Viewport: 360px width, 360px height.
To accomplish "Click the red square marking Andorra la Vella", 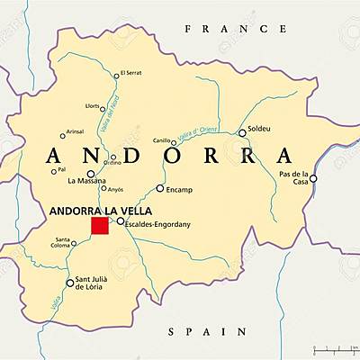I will point(99,225).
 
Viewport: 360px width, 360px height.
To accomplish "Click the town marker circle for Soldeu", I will point(242,132).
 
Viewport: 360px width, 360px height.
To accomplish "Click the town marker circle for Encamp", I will point(160,188).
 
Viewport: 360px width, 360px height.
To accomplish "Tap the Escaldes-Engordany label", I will point(157,221).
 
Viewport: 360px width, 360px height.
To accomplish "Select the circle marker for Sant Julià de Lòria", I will point(70,283).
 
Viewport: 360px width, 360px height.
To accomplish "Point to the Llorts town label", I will point(93,106).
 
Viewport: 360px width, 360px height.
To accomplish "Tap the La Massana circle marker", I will point(91,174).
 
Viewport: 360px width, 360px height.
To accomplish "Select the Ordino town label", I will point(112,163).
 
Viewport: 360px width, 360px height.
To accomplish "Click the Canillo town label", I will point(161,141).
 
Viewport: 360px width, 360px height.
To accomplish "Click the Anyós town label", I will point(115,189).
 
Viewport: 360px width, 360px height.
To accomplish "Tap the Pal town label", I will point(61,169).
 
